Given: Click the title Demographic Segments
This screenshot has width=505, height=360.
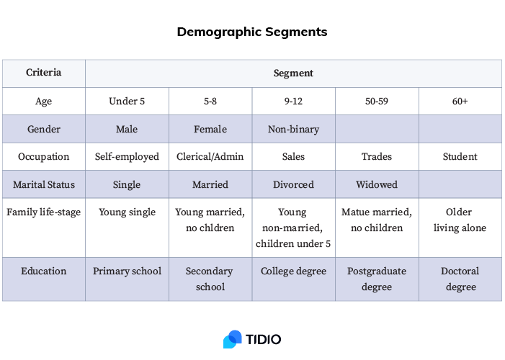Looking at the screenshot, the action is coord(252,32).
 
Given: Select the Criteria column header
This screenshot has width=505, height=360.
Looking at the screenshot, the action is coord(44,73).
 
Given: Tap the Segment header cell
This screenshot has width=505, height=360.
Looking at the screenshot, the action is coord(293,73).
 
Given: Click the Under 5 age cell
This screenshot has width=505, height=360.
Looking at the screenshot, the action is coord(127,101).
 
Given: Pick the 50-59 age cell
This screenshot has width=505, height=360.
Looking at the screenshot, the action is coord(377,101).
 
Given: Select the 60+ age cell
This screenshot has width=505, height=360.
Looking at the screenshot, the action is coord(460,101).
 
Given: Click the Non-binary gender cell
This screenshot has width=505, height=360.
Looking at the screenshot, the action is coord(293,129).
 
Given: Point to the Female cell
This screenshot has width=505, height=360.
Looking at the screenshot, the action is coord(210,129).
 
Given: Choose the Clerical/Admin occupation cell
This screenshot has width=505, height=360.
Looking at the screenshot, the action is coord(210,156).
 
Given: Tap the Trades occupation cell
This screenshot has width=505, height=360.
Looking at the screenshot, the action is coord(377,156).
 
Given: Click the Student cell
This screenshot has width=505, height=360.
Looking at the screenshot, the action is coord(460,156).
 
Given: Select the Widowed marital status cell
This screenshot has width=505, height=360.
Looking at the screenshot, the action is coord(377,184).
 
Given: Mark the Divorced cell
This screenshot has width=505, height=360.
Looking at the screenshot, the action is coord(293,184).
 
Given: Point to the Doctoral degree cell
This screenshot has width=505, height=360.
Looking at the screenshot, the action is coord(460,279).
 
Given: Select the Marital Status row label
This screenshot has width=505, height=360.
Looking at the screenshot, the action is coord(44,184).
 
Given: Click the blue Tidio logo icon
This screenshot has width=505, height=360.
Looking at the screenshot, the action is coord(232,339).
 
